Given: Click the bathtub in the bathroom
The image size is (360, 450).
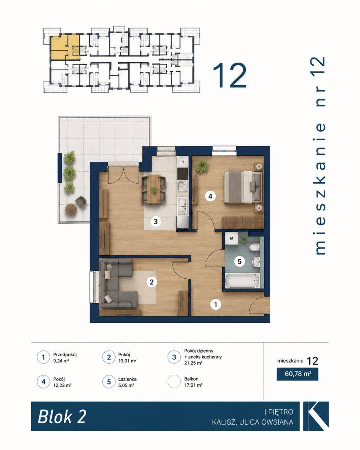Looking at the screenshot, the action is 242,281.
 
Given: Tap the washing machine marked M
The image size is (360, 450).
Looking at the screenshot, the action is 231,238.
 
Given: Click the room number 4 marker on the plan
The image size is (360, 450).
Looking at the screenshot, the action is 210,196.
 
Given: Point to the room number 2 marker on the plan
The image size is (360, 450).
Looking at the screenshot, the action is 151,282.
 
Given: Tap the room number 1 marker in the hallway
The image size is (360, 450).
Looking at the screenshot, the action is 216,304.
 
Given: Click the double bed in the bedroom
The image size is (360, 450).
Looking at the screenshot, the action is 243,187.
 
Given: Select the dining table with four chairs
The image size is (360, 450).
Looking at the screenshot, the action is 154,189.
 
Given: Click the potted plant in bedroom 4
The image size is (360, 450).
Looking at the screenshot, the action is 202,166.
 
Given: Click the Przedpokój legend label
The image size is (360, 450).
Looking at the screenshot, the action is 65,355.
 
